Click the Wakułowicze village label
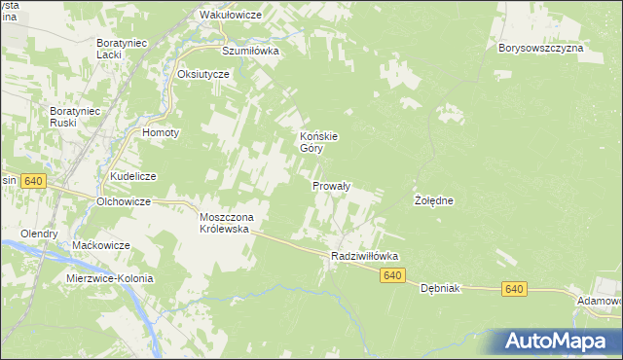[231, 16]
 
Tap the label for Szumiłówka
[250, 51]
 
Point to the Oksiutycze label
[202, 74]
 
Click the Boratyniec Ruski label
[76, 118]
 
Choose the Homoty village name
[159, 133]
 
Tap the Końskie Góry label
[318, 143]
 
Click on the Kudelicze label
[133, 176]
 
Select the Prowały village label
[331, 185]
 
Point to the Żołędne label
[434, 200]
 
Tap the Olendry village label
[40, 234]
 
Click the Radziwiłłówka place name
[365, 256]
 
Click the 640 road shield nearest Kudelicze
[33, 181]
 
